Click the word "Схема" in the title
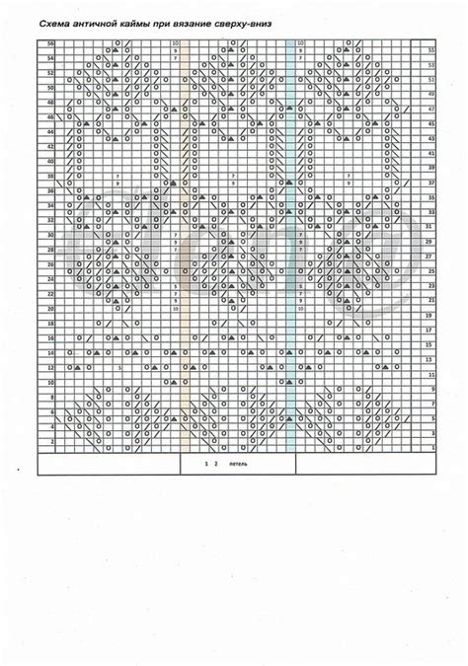click(x=49, y=20)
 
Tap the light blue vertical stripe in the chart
click(x=290, y=247)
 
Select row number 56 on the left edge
click(x=50, y=45)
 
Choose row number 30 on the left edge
click(x=50, y=236)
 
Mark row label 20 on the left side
click(x=50, y=309)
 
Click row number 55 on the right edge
click(x=431, y=50)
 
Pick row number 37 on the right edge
click(x=431, y=183)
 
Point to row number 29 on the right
click(x=431, y=240)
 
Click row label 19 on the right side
click(x=431, y=315)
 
